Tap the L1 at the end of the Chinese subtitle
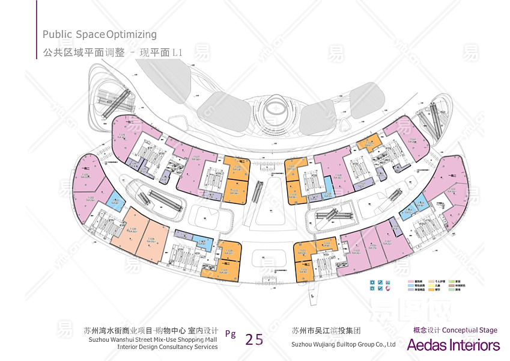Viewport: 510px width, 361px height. coord(177,53)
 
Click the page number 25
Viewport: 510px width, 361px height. coord(254,339)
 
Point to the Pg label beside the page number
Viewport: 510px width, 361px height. coord(230,334)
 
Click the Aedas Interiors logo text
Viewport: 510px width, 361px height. coord(453,345)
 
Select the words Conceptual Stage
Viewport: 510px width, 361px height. coord(470,330)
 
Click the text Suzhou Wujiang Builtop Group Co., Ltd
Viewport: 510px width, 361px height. coord(343,345)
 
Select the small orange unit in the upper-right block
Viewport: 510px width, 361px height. coord(367,143)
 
